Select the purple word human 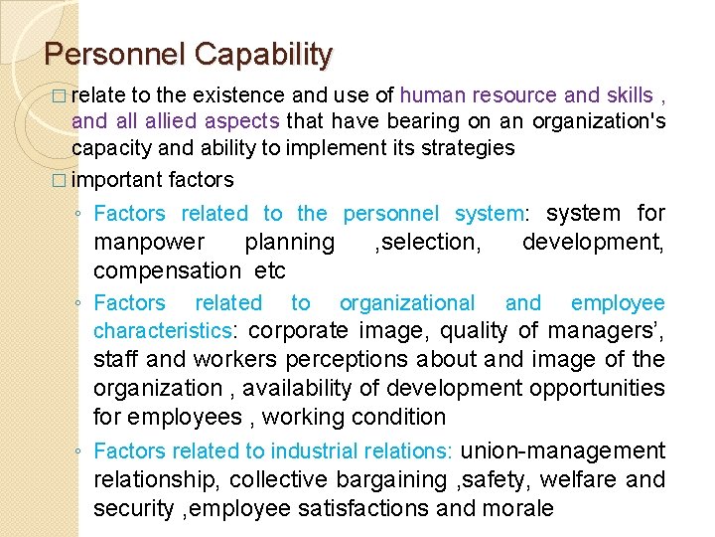coord(430,95)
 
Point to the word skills coord(624,95)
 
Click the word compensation coord(167,270)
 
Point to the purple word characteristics coord(175,331)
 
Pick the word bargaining coord(392,479)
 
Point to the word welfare coord(581,479)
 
